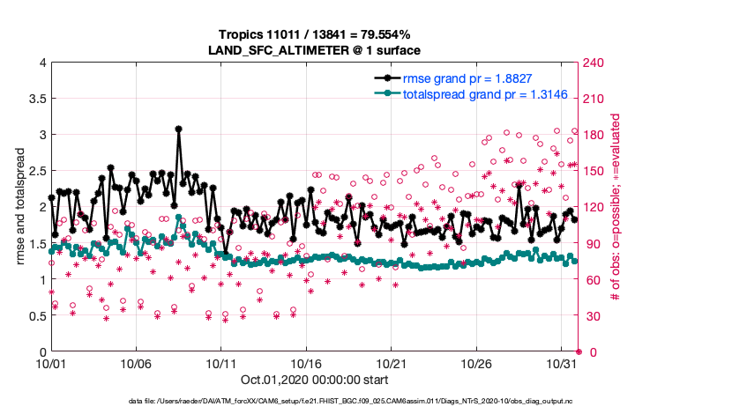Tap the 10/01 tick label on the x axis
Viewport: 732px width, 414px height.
pos(51,363)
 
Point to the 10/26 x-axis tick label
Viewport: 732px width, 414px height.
pos(476,363)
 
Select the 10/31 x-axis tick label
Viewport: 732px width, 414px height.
pos(561,363)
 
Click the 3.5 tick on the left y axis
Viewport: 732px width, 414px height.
pos(35,99)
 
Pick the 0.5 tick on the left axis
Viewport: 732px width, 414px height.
pos(35,315)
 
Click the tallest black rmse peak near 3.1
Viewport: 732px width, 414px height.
pos(178,129)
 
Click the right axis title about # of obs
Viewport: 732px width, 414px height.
pos(616,207)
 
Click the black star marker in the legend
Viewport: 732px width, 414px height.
pos(386,78)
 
